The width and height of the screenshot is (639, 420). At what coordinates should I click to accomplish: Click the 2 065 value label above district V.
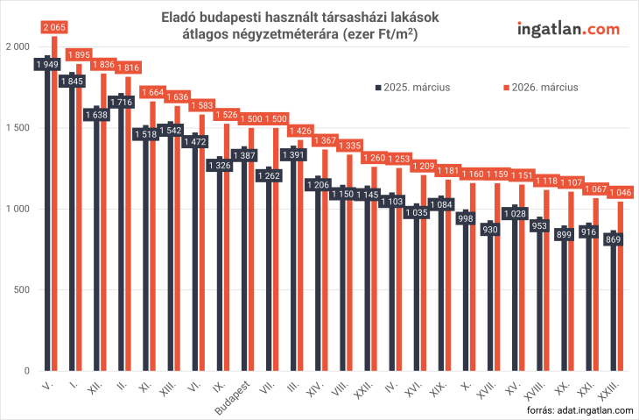pyautogui.click(x=54, y=28)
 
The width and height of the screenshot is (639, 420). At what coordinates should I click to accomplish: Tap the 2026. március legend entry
pyautogui.click(x=539, y=87)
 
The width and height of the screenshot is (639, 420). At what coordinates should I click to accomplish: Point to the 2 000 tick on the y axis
pyautogui.click(x=18, y=46)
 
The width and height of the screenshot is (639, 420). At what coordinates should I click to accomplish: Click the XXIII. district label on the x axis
pyautogui.click(x=614, y=390)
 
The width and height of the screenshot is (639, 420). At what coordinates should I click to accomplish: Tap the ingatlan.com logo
pyautogui.click(x=568, y=29)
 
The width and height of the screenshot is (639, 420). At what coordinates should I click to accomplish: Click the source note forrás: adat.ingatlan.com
pyautogui.click(x=578, y=409)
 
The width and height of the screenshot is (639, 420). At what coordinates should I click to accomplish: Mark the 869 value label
pyautogui.click(x=614, y=240)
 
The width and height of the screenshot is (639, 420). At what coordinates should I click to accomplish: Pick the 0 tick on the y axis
pyautogui.click(x=27, y=371)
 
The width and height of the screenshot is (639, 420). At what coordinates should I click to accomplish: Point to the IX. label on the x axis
pyautogui.click(x=219, y=386)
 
